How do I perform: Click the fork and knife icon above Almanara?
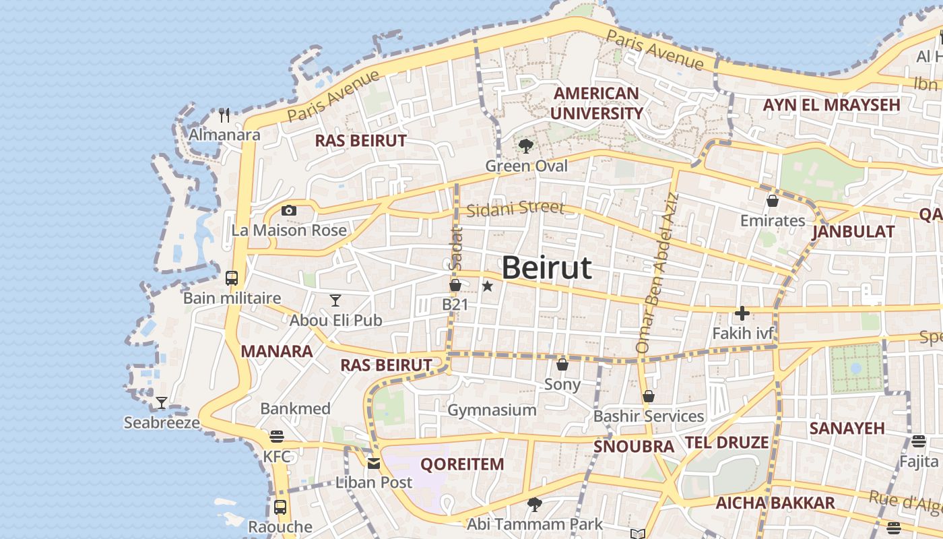tap(224, 115)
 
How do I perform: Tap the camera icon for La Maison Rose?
tap(289, 211)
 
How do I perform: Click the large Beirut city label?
tap(547, 268)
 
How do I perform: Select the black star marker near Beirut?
tap(488, 286)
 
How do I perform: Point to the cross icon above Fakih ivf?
tap(742, 313)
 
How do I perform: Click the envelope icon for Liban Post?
tap(373, 463)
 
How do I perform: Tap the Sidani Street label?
tap(515, 208)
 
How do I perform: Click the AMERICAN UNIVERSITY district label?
tap(596, 103)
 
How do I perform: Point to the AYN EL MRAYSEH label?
tap(831, 105)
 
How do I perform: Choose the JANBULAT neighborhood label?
tap(853, 232)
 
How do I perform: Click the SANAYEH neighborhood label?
tap(847, 429)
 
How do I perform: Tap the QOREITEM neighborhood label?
tap(462, 464)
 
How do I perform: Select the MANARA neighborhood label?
tap(276, 351)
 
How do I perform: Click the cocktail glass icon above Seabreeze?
tap(161, 403)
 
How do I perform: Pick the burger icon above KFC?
tap(276, 437)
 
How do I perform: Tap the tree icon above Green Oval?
tap(526, 146)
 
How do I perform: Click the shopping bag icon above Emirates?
tap(772, 201)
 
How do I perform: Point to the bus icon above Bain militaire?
tap(231, 278)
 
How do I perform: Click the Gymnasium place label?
tap(492, 410)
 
